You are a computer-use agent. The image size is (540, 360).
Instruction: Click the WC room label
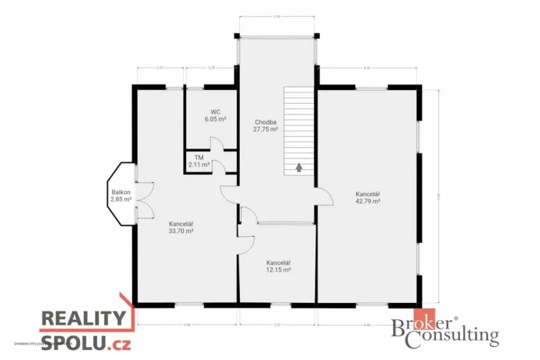tap(215, 112)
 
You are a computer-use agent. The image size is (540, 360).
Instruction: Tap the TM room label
tap(198, 157)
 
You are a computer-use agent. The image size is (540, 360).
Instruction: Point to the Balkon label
tap(121, 192)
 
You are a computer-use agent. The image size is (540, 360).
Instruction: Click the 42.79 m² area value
tap(368, 201)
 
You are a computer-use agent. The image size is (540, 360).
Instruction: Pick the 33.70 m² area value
tap(181, 230)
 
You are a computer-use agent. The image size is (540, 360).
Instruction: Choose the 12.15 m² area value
tap(278, 269)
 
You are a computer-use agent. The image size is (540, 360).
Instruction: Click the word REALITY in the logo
tap(82, 319)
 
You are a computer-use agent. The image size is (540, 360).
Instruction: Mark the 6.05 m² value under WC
tap(215, 119)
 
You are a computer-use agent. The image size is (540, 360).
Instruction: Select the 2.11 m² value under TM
tap(198, 164)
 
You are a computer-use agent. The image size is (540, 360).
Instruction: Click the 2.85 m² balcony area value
tap(121, 199)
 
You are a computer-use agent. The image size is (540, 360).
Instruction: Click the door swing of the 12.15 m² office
tap(246, 243)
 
